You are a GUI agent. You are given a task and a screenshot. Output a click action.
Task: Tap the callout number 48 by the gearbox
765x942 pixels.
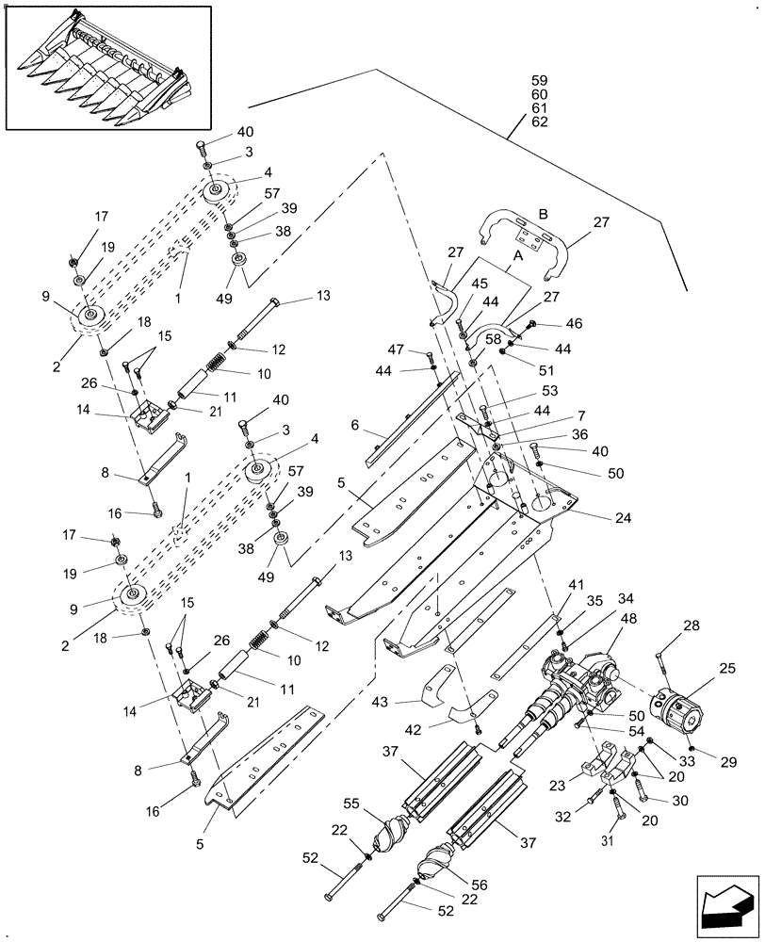(x=628, y=618)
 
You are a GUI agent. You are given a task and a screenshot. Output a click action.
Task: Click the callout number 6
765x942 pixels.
(x=354, y=426)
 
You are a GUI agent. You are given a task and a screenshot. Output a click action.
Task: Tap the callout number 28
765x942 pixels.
(x=692, y=625)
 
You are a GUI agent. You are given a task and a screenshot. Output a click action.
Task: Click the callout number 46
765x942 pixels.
(x=575, y=323)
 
